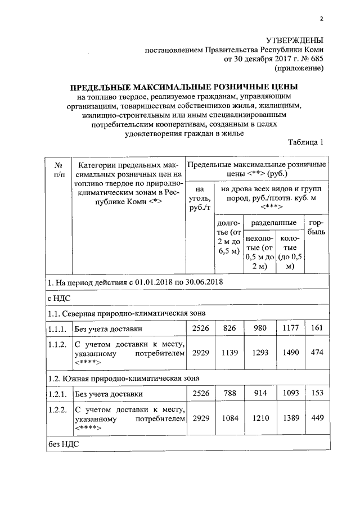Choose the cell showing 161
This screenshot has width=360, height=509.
pos(316,328)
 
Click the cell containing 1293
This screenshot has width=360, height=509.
pos(259,353)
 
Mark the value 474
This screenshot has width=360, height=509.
pos(316,353)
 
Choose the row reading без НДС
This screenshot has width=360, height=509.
pos(62,443)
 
